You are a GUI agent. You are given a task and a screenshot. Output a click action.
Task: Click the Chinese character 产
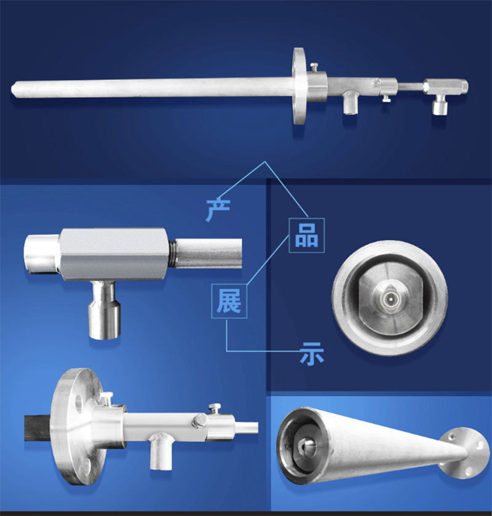(x=218, y=210)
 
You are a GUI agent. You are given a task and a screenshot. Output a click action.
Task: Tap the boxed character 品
(x=307, y=236)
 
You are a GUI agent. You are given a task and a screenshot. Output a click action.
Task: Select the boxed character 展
(x=229, y=301)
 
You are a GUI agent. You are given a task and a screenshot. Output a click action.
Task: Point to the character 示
(x=311, y=354)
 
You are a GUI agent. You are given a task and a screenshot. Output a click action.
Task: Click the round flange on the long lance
(x=299, y=86)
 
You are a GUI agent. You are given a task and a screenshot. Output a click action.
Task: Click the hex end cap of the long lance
(x=462, y=86)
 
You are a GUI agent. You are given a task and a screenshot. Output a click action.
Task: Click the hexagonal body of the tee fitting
(x=114, y=255)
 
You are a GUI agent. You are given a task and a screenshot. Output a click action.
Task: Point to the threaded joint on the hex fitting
(x=172, y=253)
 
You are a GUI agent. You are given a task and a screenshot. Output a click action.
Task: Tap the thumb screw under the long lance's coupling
(x=386, y=98)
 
